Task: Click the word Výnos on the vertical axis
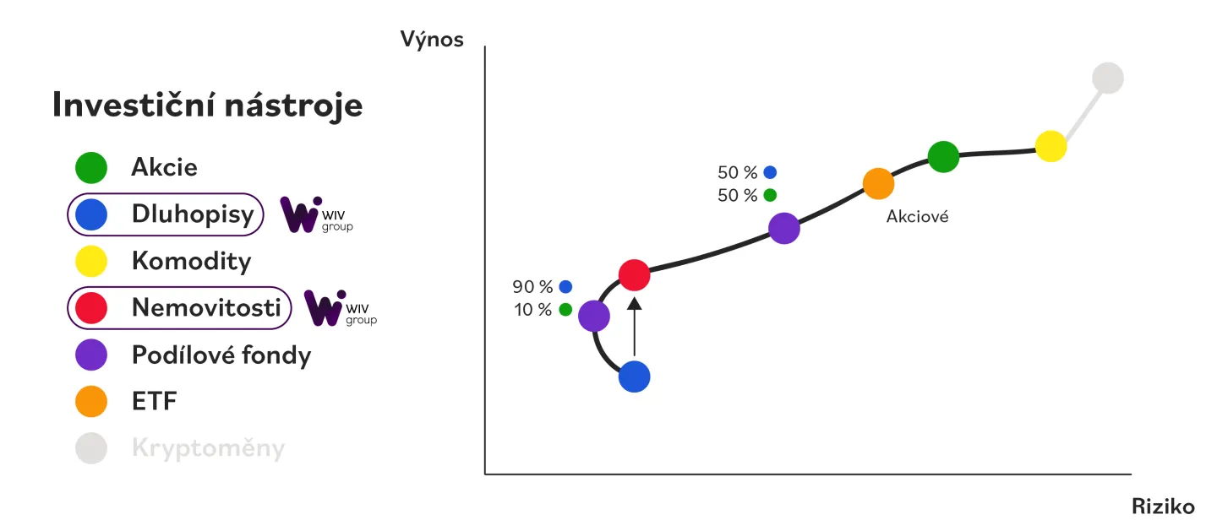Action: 432,39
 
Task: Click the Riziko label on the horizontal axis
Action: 1163,507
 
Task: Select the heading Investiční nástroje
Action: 207,106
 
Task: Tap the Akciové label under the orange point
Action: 917,217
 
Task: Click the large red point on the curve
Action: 634,274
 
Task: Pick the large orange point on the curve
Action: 878,183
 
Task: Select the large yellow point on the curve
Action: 1051,147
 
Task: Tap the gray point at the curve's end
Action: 1107,79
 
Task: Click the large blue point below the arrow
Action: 634,377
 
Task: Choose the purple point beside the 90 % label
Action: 594,317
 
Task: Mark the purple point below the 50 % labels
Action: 784,228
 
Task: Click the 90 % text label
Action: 532,286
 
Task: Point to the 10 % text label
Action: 532,310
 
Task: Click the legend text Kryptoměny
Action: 208,448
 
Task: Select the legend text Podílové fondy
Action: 221,355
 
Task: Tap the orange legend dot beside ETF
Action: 91,402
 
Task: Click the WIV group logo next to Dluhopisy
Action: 316,215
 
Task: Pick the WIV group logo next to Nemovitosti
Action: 340,308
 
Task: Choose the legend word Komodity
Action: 191,262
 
